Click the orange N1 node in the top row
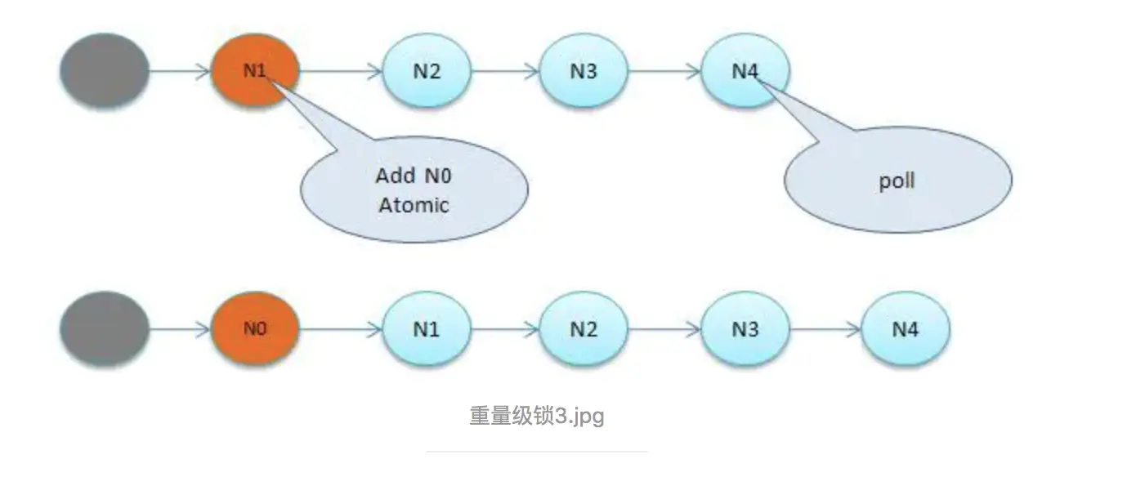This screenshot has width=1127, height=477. pyautogui.click(x=255, y=70)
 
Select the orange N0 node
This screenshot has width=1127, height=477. pyautogui.click(x=255, y=329)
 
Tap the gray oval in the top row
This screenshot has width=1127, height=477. pyautogui.click(x=105, y=70)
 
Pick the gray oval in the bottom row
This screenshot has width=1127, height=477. pyautogui.click(x=105, y=329)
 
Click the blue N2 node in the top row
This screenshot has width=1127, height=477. pyautogui.click(x=427, y=71)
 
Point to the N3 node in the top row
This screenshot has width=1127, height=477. pyautogui.click(x=584, y=71)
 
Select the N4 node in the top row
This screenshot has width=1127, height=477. pyautogui.click(x=745, y=71)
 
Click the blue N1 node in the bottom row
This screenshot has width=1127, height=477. pyautogui.click(x=427, y=329)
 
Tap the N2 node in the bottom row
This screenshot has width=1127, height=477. pyautogui.click(x=584, y=329)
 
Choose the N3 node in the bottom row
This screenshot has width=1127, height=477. pyautogui.click(x=745, y=329)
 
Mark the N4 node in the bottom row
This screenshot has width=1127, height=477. pyautogui.click(x=906, y=329)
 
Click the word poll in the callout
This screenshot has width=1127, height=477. pyautogui.click(x=897, y=181)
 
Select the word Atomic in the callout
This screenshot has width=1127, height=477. pyautogui.click(x=414, y=204)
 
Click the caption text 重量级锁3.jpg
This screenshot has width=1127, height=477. pyautogui.click(x=537, y=416)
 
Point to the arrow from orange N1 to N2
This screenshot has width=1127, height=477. pyautogui.click(x=341, y=71)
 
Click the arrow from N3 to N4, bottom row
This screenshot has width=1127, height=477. pyautogui.click(x=825, y=329)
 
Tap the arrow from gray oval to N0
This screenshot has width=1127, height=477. pyautogui.click(x=180, y=329)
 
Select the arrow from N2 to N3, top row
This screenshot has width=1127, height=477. pyautogui.click(x=505, y=71)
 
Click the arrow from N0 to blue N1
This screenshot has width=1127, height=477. pyautogui.click(x=341, y=329)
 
